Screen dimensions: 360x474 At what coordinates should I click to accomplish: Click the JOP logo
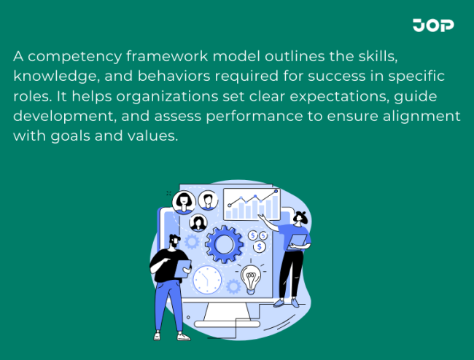433,26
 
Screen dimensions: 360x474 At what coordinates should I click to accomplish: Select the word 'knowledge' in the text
56,76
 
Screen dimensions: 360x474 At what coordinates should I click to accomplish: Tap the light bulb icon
252,278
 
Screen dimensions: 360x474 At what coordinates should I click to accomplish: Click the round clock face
207,280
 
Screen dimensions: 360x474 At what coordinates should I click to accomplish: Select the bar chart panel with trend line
251,204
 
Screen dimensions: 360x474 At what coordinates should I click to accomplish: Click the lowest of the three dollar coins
260,247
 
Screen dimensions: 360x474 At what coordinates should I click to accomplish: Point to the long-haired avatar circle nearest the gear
198,222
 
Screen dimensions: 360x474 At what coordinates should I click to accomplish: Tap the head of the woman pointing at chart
300,218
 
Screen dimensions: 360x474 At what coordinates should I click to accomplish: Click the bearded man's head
173,241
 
